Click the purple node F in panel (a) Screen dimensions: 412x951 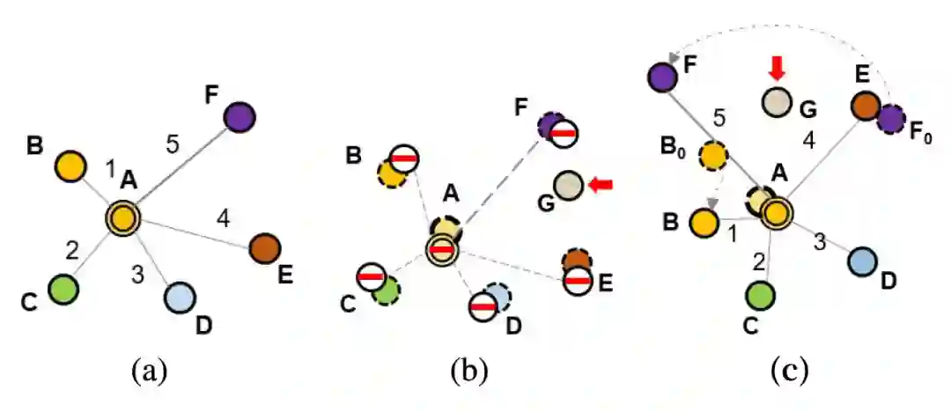[x=239, y=115]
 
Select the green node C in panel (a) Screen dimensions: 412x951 [x=63, y=288]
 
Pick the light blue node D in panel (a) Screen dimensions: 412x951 [x=180, y=298]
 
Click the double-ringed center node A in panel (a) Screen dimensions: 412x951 [x=123, y=217]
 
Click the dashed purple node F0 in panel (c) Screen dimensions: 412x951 [x=891, y=118]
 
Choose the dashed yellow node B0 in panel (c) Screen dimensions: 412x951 [x=712, y=156]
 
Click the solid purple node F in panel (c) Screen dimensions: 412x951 [x=660, y=77]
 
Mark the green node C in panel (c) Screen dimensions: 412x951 [x=760, y=295]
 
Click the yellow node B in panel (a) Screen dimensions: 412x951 [x=70, y=165]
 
